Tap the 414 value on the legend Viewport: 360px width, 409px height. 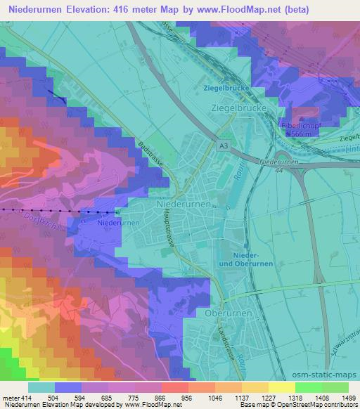click(27, 397)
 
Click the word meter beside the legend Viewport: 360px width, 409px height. click(11, 397)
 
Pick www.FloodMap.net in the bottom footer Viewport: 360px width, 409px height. click(150, 405)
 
